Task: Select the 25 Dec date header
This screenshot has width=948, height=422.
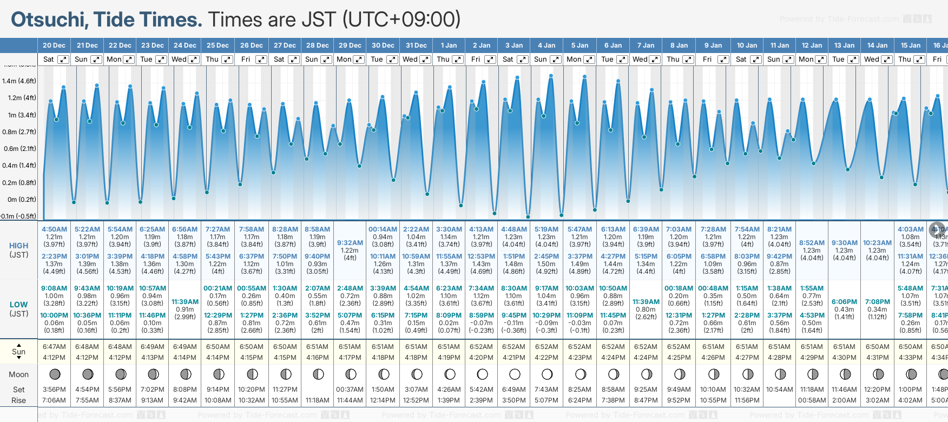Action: (218, 45)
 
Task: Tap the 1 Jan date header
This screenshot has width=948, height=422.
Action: (449, 45)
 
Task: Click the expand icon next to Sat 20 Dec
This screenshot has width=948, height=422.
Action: (63, 60)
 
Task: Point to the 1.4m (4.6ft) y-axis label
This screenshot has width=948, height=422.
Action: (19, 81)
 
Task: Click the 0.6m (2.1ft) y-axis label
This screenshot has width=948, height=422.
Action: (19, 149)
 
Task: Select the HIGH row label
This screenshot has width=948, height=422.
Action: (19, 246)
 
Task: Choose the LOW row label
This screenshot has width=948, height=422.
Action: (18, 305)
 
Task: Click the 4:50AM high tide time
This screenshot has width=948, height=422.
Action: (54, 229)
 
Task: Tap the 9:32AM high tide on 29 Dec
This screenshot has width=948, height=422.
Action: (350, 243)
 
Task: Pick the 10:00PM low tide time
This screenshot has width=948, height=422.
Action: (54, 315)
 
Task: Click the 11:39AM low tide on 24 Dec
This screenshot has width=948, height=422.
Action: (185, 302)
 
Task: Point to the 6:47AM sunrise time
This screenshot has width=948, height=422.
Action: (54, 347)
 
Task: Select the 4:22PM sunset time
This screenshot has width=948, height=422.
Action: (547, 358)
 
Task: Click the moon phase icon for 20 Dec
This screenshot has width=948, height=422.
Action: (55, 374)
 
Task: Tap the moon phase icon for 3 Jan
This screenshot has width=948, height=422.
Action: (515, 374)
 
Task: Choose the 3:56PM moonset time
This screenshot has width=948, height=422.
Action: (54, 390)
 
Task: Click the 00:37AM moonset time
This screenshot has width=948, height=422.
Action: (350, 390)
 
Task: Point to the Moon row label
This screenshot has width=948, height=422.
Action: (18, 374)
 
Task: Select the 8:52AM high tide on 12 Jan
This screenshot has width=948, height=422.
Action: (812, 243)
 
